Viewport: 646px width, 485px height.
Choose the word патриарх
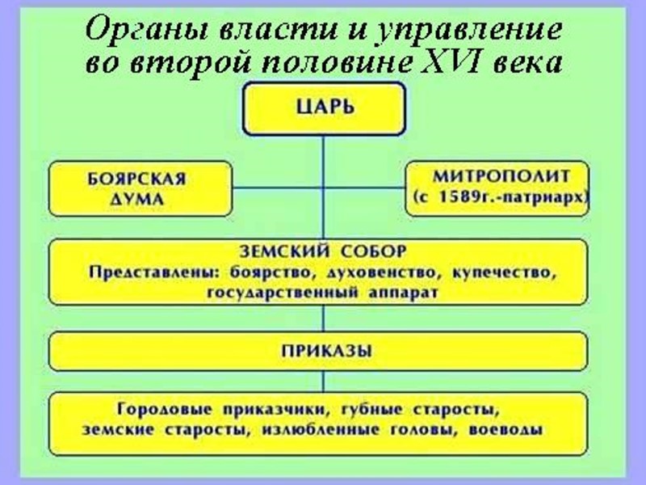click(547, 196)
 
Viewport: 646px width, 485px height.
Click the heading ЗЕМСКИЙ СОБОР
click(324, 253)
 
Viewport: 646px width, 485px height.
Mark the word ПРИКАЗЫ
click(324, 350)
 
